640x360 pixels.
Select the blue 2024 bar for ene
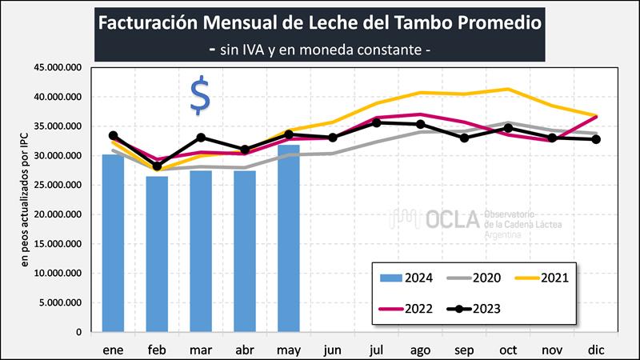[113, 243]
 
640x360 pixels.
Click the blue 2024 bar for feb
[157, 254]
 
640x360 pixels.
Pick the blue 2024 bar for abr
[245, 251]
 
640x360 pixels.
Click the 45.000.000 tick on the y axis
[61, 68]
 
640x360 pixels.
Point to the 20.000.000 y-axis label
[61, 214]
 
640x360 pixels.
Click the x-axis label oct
[508, 350]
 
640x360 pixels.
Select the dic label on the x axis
[596, 350]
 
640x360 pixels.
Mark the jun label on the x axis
[333, 350]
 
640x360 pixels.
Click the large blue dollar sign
[200, 97]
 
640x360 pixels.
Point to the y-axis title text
[25, 200]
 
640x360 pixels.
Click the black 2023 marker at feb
[157, 166]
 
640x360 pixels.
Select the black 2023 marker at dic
[596, 139]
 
